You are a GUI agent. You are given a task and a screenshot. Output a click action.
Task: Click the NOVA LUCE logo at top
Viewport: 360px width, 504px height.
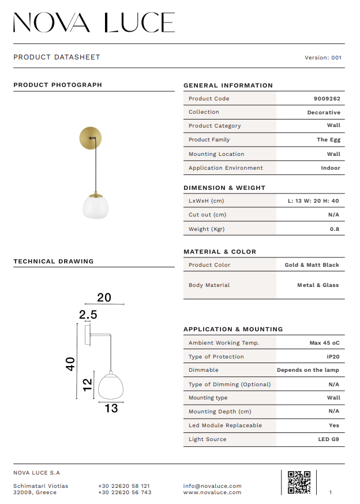(x=94, y=23)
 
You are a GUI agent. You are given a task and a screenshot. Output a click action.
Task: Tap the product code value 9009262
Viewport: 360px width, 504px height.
(x=327, y=99)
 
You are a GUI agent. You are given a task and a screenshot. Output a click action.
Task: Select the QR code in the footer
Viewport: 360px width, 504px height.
(x=299, y=482)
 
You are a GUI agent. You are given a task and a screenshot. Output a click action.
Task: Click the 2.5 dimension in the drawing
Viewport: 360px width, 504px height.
(x=88, y=315)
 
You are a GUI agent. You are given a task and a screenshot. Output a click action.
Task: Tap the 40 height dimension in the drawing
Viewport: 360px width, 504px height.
(x=70, y=364)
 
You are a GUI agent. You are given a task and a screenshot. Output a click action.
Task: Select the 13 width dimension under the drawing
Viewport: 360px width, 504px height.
(x=111, y=408)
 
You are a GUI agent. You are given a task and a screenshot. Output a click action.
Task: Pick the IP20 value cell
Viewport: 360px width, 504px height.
(x=333, y=357)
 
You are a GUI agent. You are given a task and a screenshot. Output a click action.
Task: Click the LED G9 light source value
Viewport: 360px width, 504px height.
(x=329, y=439)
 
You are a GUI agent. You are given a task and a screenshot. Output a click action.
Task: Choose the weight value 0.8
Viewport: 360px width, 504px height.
(x=335, y=229)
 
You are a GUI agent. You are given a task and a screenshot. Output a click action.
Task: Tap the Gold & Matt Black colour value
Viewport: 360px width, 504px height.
(x=312, y=265)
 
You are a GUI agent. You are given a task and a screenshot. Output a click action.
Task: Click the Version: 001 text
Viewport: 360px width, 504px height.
(x=323, y=58)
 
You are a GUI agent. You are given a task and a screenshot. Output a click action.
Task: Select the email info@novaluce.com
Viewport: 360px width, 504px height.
(x=212, y=486)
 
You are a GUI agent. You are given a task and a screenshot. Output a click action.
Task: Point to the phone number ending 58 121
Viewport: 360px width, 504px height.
(x=125, y=486)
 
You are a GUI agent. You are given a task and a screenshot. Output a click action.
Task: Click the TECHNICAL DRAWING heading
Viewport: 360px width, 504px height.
(x=54, y=262)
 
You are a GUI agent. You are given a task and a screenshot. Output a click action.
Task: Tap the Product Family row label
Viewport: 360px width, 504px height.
(x=209, y=140)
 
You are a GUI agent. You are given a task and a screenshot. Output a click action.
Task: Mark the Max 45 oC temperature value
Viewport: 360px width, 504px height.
(x=324, y=343)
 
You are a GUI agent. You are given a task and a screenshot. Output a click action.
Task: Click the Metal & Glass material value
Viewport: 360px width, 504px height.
(x=318, y=285)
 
